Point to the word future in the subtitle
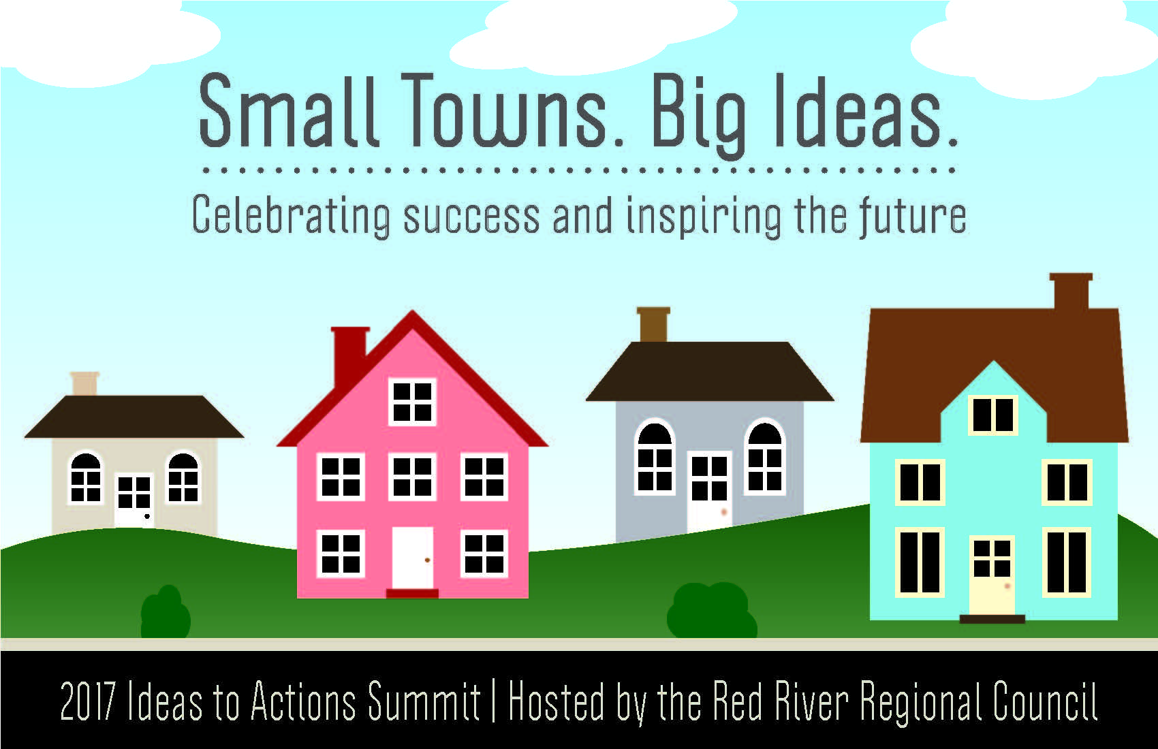point(912,214)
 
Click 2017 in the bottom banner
point(87,701)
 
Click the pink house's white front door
point(413,558)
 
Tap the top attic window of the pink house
point(412,402)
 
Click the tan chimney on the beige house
point(84,383)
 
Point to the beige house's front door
point(134,499)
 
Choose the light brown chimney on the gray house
point(653,325)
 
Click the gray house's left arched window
point(655,456)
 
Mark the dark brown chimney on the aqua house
point(1071,291)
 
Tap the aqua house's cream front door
point(992,575)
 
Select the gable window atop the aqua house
point(992,415)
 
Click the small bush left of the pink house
point(166,613)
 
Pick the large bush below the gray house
point(712,611)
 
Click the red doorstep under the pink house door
point(413,593)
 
